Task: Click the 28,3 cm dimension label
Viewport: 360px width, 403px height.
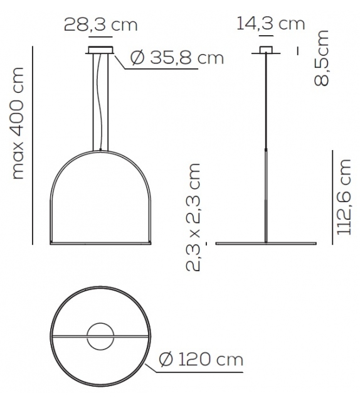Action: [100, 25]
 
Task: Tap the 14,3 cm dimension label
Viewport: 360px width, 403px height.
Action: [270, 24]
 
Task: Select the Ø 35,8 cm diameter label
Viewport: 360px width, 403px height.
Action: [177, 58]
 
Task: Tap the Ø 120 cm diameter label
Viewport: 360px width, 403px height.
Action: [201, 360]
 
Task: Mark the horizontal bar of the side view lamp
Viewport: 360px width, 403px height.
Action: [266, 243]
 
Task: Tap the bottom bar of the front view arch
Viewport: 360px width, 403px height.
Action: [100, 242]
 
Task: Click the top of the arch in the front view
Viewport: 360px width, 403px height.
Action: [100, 151]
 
